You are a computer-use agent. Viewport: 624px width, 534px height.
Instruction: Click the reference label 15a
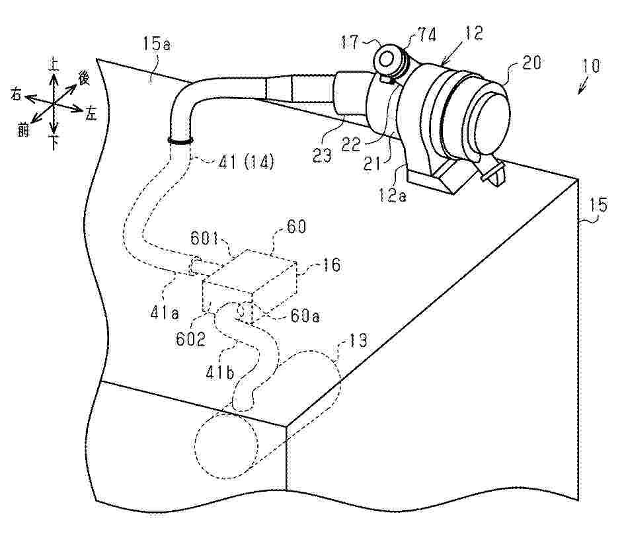157,44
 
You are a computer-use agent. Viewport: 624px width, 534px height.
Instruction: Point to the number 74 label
426,35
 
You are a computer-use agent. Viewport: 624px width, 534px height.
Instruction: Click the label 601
205,239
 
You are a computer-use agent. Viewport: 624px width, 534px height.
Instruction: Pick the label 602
191,339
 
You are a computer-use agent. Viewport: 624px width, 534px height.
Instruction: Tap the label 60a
305,316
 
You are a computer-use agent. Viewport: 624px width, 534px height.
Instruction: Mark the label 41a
165,313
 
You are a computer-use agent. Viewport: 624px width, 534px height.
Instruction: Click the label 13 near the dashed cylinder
358,340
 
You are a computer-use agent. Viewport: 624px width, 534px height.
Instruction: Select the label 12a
393,196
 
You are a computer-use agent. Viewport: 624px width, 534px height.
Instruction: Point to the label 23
321,155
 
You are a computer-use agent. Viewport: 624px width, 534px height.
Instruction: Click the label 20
531,63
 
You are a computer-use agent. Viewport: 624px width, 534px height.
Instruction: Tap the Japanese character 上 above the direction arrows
53,63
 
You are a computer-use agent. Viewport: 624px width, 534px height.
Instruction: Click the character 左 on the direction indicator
91,114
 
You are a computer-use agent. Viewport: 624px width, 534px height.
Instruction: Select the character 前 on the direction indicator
24,129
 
